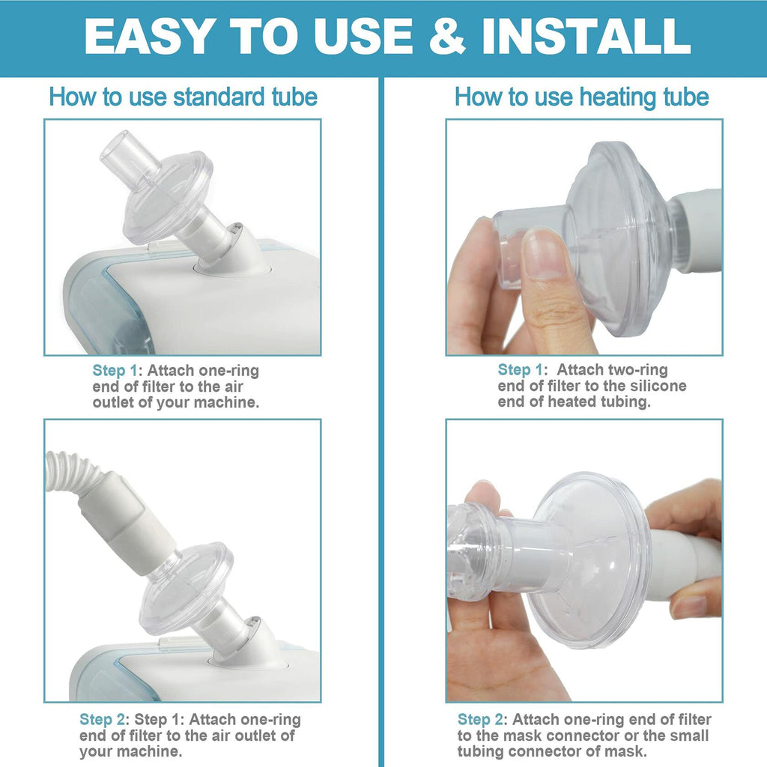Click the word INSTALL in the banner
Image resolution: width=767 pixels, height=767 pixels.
click(585, 36)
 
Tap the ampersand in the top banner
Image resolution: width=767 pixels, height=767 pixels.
click(447, 36)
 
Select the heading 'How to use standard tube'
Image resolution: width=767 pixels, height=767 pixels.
click(183, 97)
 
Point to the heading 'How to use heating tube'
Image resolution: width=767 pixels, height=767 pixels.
click(581, 97)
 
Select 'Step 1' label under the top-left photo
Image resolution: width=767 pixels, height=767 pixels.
click(115, 370)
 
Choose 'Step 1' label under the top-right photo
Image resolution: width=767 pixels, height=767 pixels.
click(520, 369)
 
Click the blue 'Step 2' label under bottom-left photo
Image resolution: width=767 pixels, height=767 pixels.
click(102, 719)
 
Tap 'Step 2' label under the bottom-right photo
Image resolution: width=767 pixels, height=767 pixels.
click(480, 719)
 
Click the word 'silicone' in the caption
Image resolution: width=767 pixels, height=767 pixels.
click(658, 386)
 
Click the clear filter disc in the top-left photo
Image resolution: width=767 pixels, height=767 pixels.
click(168, 198)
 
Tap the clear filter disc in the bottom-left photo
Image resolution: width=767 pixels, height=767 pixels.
click(187, 587)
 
